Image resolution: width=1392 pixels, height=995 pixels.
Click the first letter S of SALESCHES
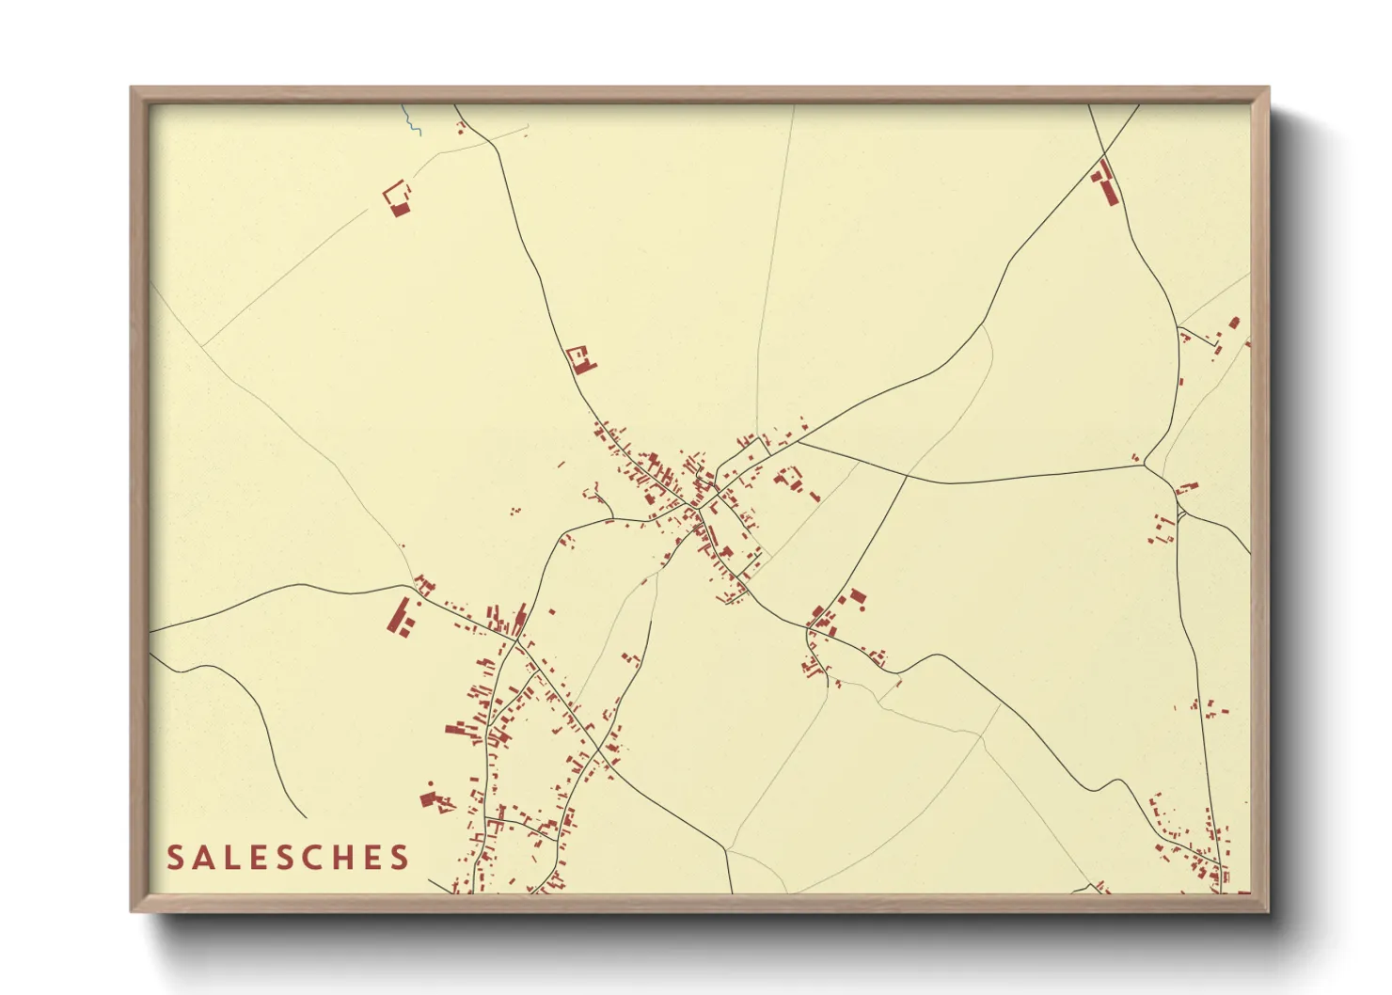pos(176,858)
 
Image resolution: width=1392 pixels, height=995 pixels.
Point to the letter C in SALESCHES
pos(318,858)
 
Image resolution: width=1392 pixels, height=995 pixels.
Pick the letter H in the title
pos(347,858)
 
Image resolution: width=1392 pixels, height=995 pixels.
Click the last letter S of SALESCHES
pos(402,858)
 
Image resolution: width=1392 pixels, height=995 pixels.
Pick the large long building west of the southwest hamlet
pos(400,616)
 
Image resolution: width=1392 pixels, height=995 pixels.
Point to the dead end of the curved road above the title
pos(306,817)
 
